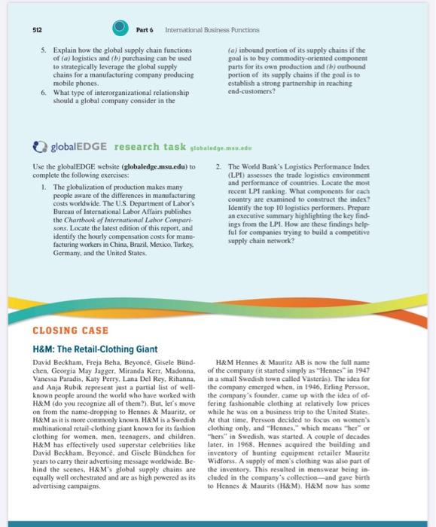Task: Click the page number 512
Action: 26,29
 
